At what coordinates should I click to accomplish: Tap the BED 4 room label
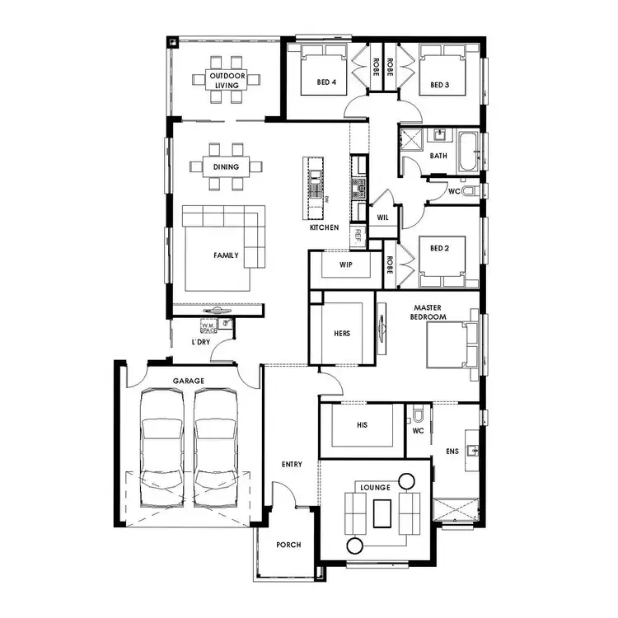click(326, 82)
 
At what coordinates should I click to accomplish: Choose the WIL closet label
click(382, 218)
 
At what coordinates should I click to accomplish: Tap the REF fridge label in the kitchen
click(358, 233)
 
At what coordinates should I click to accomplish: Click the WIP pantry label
click(346, 265)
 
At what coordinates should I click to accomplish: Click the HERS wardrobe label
click(342, 333)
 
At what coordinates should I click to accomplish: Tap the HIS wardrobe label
click(362, 425)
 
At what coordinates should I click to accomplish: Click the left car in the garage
click(162, 449)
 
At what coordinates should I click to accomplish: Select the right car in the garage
click(216, 449)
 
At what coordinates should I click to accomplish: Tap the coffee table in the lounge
click(381, 513)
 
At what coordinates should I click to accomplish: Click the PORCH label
click(288, 545)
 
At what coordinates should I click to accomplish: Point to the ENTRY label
click(291, 464)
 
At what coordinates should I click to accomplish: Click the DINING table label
click(226, 167)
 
